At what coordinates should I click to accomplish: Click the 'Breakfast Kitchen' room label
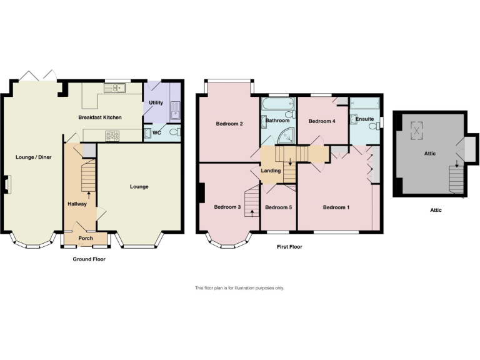pos(100,117)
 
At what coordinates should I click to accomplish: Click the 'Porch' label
pos(86,238)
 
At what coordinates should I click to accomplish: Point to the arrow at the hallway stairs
pos(89,194)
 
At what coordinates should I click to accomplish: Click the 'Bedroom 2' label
pos(229,124)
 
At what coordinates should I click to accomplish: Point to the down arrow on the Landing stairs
pos(290,162)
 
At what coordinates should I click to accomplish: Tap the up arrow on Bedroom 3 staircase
pos(252,212)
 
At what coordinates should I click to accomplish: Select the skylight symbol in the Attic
pos(416,130)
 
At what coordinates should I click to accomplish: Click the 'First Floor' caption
pos(289,247)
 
